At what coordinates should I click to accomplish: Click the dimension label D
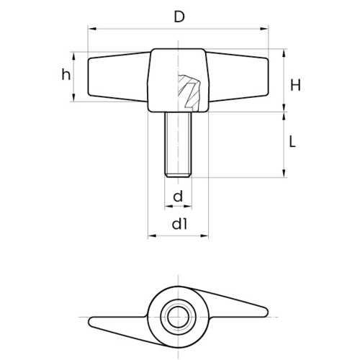pyautogui.click(x=179, y=17)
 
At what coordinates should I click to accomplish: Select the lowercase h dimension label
pyautogui.click(x=66, y=74)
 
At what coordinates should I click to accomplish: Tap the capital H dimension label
pyautogui.click(x=295, y=85)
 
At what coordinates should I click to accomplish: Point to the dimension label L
pyautogui.click(x=292, y=141)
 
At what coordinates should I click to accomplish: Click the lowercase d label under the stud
pyautogui.click(x=178, y=196)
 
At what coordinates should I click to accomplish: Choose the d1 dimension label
pyautogui.click(x=179, y=224)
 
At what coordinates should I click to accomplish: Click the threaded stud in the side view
pyautogui.click(x=178, y=145)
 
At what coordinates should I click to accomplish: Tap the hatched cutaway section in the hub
pyautogui.click(x=189, y=92)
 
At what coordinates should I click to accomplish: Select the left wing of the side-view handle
pyautogui.click(x=118, y=77)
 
